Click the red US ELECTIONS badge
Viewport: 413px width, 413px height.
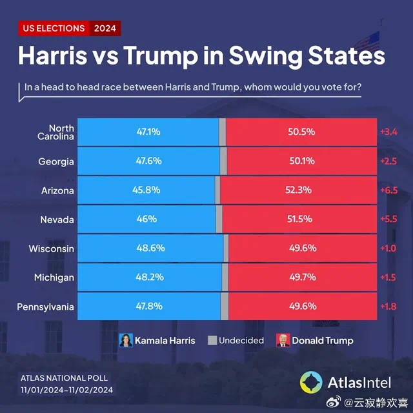54,28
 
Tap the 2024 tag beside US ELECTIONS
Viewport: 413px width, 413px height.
105,28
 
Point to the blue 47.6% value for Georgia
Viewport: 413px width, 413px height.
148,161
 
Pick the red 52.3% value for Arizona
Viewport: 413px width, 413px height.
299,190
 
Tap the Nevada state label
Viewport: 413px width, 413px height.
57,219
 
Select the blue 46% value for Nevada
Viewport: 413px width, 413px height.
146,219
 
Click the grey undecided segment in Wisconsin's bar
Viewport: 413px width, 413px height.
226,248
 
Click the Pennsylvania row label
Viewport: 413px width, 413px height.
46,307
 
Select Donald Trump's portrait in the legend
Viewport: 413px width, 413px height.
282,340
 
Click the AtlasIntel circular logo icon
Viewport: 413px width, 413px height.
311,382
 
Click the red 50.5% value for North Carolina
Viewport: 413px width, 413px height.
301,132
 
